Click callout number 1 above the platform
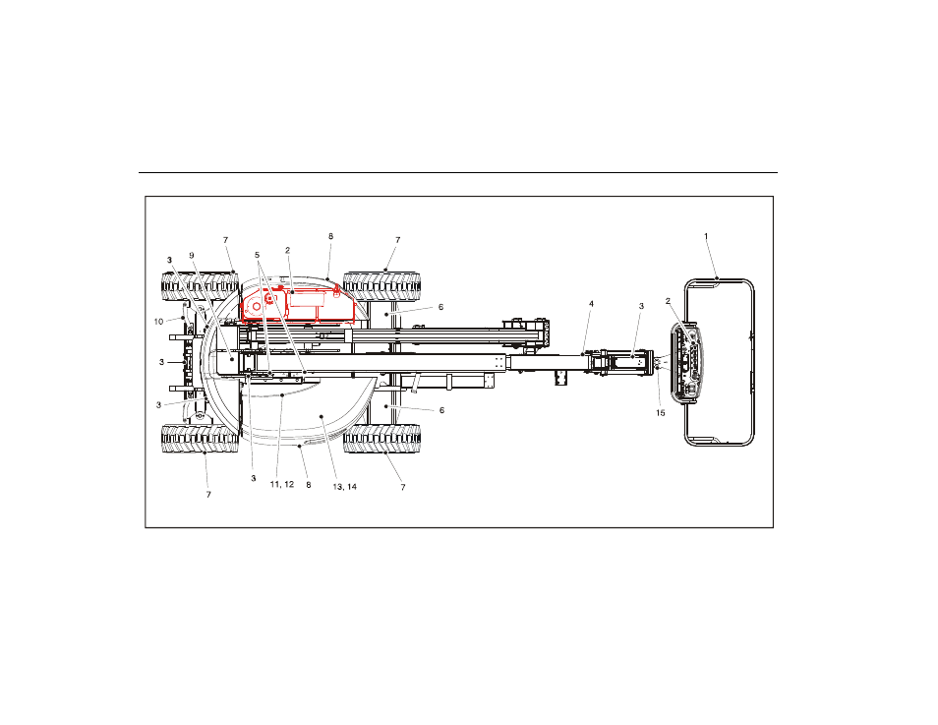click(706, 236)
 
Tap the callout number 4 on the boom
click(592, 304)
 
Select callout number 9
click(192, 256)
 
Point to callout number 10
click(158, 322)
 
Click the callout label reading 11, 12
click(282, 484)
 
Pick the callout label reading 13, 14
click(344, 487)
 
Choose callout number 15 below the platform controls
click(661, 413)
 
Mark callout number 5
click(258, 255)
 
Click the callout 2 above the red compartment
click(288, 250)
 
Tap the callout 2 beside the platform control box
click(669, 301)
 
